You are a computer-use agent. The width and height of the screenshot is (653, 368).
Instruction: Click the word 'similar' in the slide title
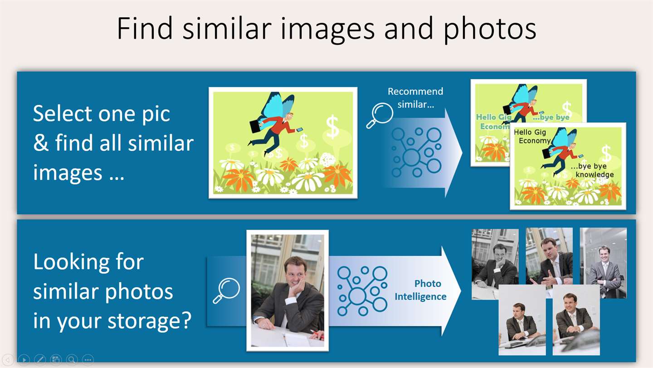pyautogui.click(x=227, y=28)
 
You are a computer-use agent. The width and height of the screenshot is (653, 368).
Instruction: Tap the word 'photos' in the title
pyautogui.click(x=490, y=30)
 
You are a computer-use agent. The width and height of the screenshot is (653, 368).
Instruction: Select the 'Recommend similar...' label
pyautogui.click(x=415, y=98)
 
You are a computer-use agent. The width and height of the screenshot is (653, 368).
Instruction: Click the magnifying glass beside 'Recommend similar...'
pyautogui.click(x=380, y=115)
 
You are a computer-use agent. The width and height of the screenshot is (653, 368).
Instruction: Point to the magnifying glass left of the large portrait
pyautogui.click(x=227, y=290)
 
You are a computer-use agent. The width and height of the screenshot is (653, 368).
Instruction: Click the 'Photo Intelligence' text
pyautogui.click(x=421, y=290)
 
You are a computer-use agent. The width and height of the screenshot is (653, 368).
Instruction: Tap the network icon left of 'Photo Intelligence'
pyautogui.click(x=362, y=291)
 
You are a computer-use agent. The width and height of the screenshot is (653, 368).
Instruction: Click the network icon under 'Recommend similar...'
pyautogui.click(x=417, y=152)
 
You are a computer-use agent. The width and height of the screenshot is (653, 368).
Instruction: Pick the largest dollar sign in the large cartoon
pyautogui.click(x=332, y=127)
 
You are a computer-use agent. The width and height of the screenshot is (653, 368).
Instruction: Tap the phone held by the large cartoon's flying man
pyautogui.click(x=299, y=129)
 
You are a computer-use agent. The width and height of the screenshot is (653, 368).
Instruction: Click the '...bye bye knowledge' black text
pyautogui.click(x=592, y=170)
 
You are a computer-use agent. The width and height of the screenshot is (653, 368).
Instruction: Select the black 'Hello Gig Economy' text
pyautogui.click(x=532, y=136)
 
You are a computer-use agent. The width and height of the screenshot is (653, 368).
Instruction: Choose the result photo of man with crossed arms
pyautogui.click(x=603, y=263)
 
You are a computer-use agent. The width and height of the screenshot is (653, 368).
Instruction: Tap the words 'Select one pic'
pyautogui.click(x=102, y=114)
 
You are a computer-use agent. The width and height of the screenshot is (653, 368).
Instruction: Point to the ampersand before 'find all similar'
pyautogui.click(x=41, y=143)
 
